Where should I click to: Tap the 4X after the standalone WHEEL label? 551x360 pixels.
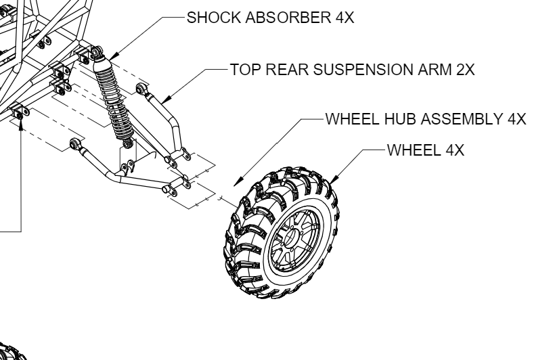(x=454, y=150)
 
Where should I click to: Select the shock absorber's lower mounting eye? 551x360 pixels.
(x=126, y=141)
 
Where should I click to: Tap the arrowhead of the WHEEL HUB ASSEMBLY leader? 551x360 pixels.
(x=236, y=182)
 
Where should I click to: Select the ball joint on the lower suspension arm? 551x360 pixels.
(x=76, y=143)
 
